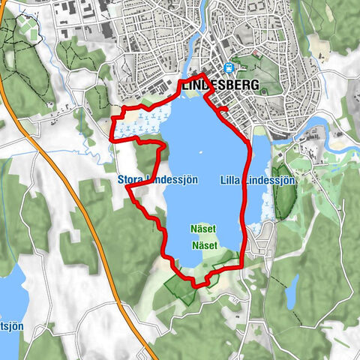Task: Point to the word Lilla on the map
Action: click(x=233, y=181)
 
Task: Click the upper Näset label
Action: click(x=204, y=229)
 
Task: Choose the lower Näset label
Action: click(x=204, y=245)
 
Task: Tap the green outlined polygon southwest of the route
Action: click(x=178, y=289)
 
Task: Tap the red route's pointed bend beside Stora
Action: click(x=128, y=188)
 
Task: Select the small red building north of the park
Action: click(x=255, y=54)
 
